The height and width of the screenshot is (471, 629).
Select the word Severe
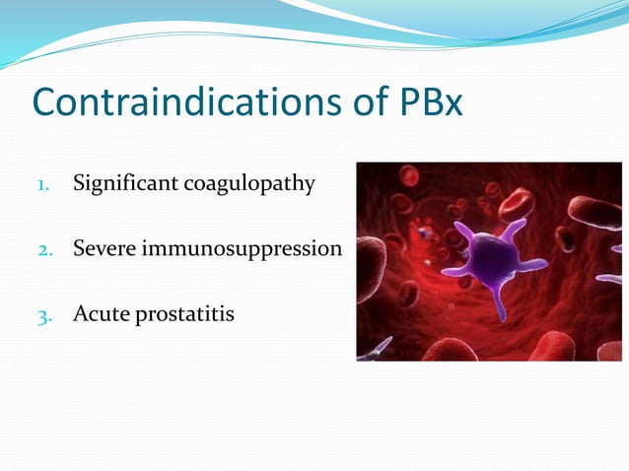pos(104,248)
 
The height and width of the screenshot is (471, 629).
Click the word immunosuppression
pos(241,250)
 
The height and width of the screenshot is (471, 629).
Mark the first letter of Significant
pos(78,184)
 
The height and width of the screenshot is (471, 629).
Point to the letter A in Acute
pos(79,314)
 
